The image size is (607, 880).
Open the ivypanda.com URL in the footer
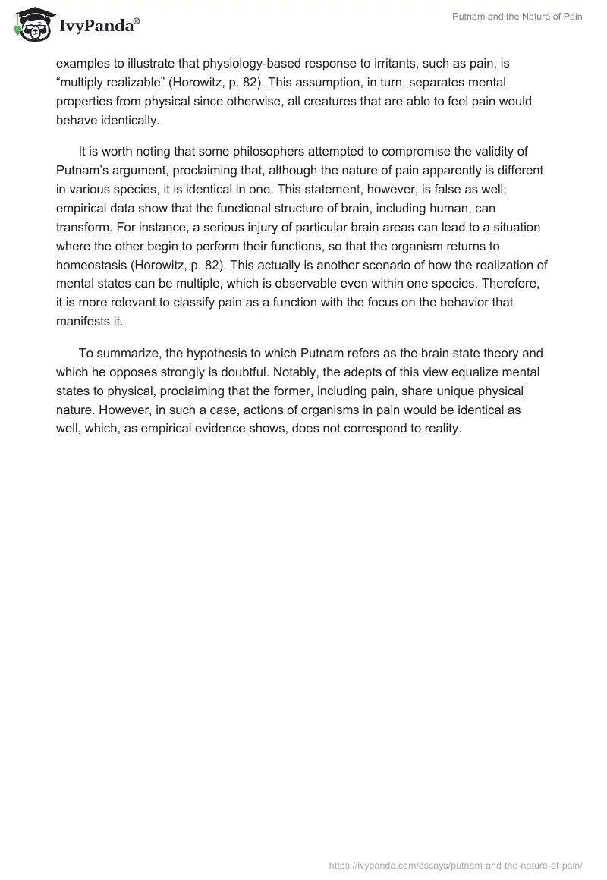tap(455, 864)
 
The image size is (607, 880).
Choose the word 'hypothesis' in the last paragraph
tap(183, 353)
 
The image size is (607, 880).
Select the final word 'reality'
tap(441, 428)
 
